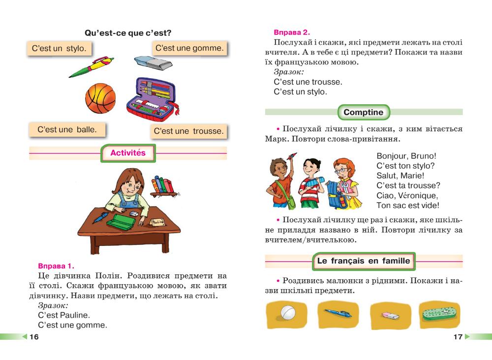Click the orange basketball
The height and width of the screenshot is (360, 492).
click(x=100, y=97)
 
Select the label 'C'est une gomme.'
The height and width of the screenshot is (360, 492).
click(x=189, y=48)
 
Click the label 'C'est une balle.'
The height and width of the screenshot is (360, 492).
click(x=67, y=130)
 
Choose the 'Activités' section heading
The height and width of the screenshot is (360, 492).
click(x=128, y=153)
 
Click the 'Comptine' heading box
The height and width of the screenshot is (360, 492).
click(x=363, y=112)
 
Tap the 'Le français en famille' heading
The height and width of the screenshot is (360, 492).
click(x=364, y=261)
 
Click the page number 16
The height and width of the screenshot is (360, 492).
click(x=34, y=337)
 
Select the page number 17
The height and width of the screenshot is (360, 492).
click(x=458, y=337)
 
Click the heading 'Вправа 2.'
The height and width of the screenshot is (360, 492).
click(x=292, y=32)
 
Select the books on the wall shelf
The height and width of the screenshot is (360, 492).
click(x=162, y=185)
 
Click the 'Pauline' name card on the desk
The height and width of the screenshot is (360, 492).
click(x=158, y=222)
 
